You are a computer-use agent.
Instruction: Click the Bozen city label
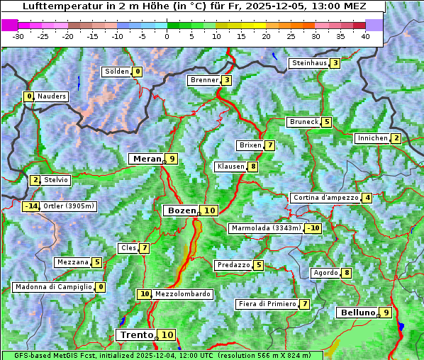(181, 210)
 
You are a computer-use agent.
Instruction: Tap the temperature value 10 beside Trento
(167, 335)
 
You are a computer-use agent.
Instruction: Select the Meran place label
(147, 159)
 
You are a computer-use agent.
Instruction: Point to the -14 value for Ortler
(30, 206)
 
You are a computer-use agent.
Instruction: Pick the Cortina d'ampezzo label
(325, 198)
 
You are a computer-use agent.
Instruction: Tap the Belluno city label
(357, 313)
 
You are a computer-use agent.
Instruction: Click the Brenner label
(204, 80)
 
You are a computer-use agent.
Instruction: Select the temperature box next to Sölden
(138, 72)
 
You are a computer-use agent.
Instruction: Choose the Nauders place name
(52, 96)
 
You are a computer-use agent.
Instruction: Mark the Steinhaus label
(309, 63)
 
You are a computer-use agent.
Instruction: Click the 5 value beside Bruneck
(326, 122)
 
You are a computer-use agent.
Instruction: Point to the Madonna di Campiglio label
(54, 287)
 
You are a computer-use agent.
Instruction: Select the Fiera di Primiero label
(267, 304)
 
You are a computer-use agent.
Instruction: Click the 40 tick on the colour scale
(365, 35)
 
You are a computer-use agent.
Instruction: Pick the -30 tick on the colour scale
(18, 35)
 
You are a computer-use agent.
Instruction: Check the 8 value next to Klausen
(252, 167)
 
